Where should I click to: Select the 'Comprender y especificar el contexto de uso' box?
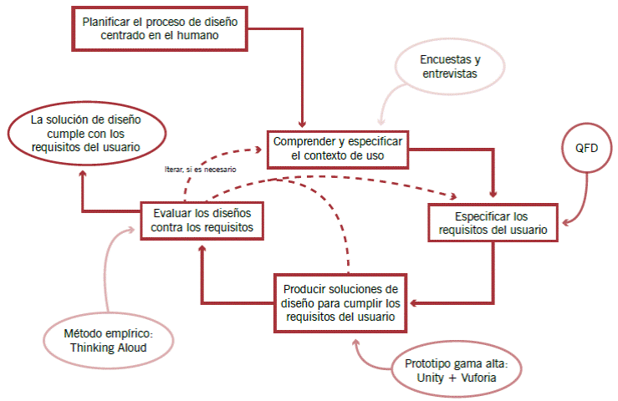[337, 147]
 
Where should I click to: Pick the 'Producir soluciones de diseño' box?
[339, 302]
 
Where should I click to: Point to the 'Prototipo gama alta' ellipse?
[457, 370]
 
